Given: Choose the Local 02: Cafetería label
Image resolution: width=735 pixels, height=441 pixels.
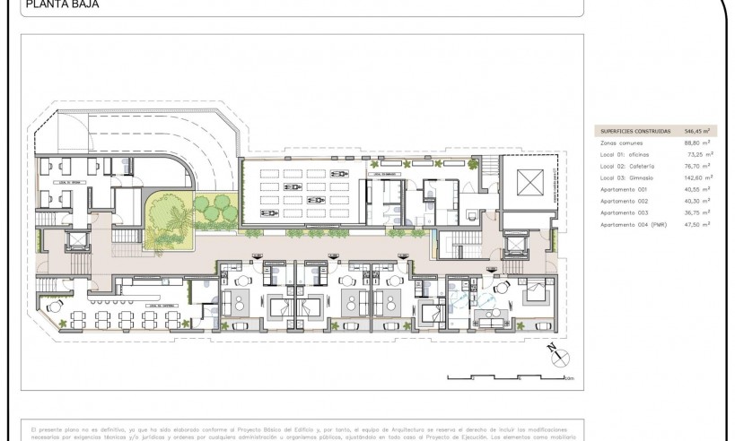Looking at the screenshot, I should tap(628, 166).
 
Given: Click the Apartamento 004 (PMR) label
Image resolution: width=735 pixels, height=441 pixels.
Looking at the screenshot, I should tap(632, 224).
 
